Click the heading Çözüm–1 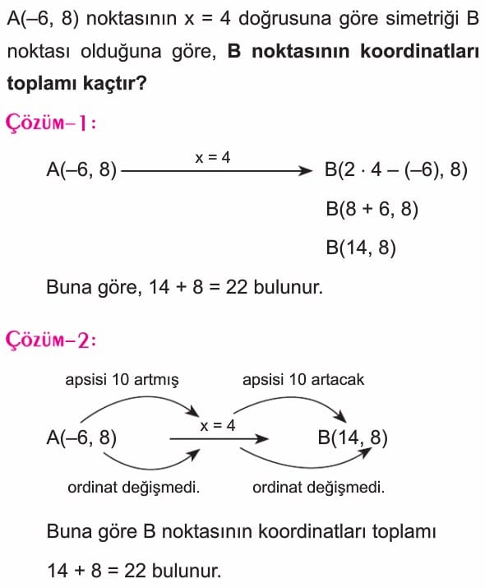pyautogui.click(x=51, y=123)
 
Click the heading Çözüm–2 pyautogui.click(x=51, y=340)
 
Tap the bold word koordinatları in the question pyautogui.click(x=419, y=51)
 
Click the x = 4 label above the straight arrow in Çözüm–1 pyautogui.click(x=213, y=158)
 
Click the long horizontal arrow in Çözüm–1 pyautogui.click(x=217, y=171)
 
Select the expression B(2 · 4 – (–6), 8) pyautogui.click(x=396, y=170)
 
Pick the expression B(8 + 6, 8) pyautogui.click(x=372, y=209)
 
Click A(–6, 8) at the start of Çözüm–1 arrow pyautogui.click(x=81, y=170)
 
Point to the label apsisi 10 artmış pyautogui.click(x=122, y=379)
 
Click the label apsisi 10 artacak pyautogui.click(x=303, y=379)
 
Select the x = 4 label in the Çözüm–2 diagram pyautogui.click(x=218, y=426)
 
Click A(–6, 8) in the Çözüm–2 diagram pyautogui.click(x=81, y=438)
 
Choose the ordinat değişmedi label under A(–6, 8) pyautogui.click(x=133, y=488)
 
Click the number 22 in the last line pyautogui.click(x=135, y=571)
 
